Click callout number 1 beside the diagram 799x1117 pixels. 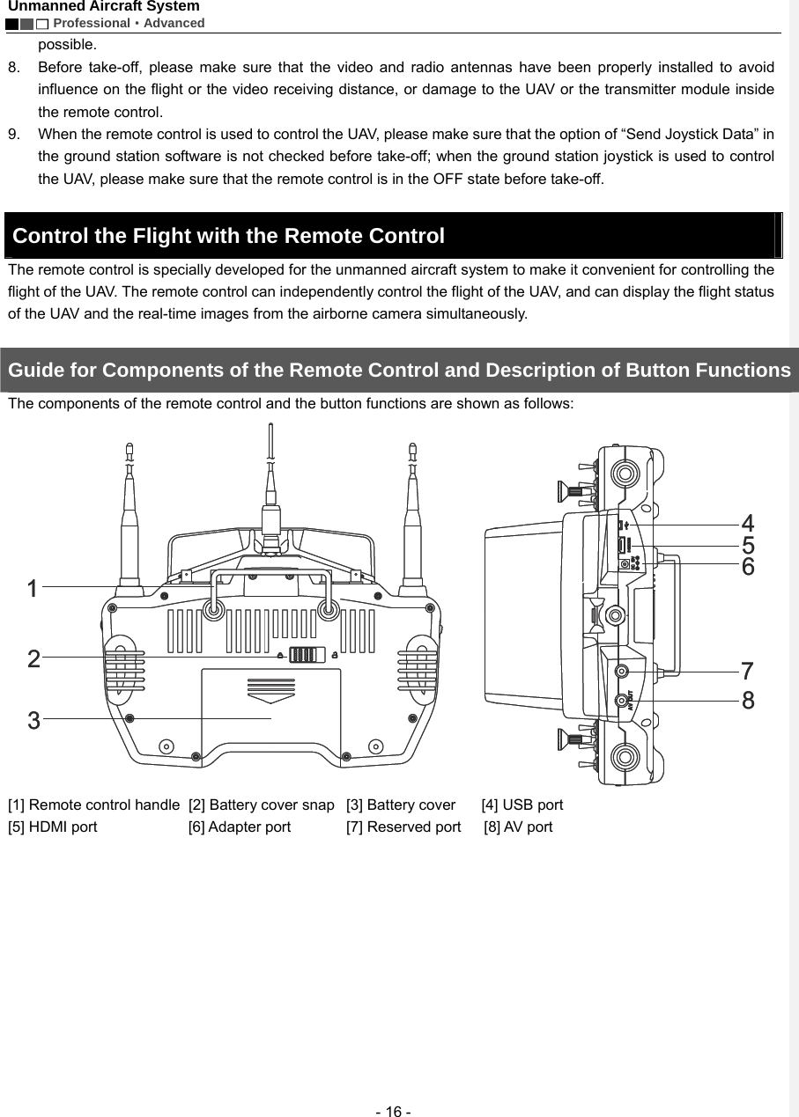click(33, 588)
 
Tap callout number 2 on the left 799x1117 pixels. click(33, 658)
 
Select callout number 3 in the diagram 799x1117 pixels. click(33, 721)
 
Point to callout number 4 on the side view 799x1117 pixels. click(747, 524)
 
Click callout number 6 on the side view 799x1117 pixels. click(747, 567)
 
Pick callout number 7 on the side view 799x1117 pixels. click(747, 671)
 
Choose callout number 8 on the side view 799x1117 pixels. click(747, 701)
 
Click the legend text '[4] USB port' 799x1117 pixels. click(522, 805)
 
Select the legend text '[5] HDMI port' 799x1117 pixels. click(53, 827)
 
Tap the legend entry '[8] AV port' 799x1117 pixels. click(519, 827)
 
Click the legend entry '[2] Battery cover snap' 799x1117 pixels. click(262, 805)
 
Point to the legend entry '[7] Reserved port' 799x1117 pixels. click(403, 827)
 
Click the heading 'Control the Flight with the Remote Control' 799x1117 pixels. click(229, 236)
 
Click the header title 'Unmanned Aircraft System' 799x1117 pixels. click(104, 7)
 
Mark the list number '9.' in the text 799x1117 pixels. click(15, 134)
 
